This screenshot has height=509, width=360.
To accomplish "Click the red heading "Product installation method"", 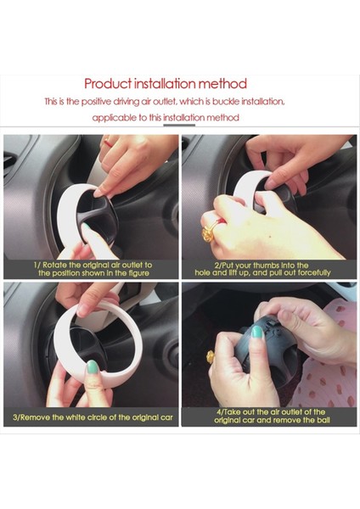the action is tap(166, 84).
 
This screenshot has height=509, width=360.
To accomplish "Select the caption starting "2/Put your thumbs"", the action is tap(262, 269).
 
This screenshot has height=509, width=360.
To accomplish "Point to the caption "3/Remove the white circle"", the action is tap(93, 417).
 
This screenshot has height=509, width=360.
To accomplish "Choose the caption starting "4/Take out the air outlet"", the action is tap(272, 416).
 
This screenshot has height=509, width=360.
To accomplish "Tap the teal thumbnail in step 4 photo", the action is tap(256, 332).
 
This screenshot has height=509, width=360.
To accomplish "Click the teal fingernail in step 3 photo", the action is tap(93, 366).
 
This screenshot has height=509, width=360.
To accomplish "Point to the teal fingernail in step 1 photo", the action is tap(86, 226).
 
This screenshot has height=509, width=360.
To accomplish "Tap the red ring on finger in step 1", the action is tap(108, 143).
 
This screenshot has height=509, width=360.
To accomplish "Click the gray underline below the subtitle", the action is tap(179, 125).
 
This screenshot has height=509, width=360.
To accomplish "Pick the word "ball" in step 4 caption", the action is tap(323, 420).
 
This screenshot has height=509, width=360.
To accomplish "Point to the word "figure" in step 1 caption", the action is tap(138, 273).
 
